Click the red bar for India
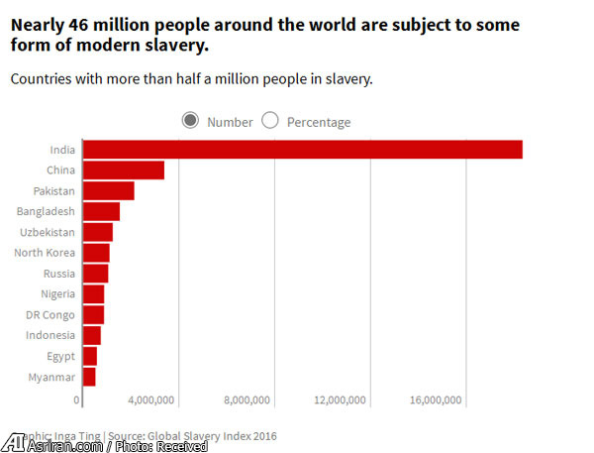302,150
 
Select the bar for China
123,170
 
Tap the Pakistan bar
108,190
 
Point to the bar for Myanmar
89,377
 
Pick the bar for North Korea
96,253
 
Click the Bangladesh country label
46,211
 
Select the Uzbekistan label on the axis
48,232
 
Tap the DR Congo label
50,315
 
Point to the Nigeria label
57,294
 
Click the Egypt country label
60,356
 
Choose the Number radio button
190,121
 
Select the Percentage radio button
270,121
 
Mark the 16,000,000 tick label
434,400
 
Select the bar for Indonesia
91,336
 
